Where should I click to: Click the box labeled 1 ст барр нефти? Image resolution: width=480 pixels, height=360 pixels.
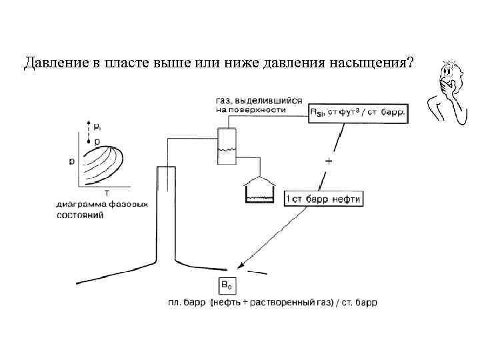pos(323,199)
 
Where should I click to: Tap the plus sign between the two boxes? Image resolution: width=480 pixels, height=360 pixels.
pos(329,161)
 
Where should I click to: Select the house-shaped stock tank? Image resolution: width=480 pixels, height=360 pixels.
pos(260,190)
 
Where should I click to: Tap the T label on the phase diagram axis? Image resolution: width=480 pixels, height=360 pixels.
pos(107,192)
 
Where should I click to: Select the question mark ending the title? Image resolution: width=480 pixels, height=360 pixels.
pos(409,63)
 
